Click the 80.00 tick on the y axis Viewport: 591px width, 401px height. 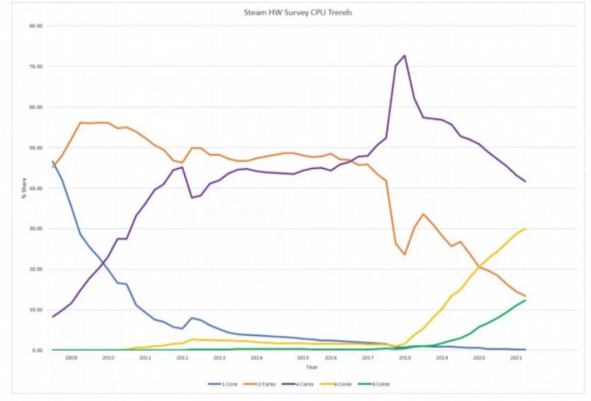click(35, 26)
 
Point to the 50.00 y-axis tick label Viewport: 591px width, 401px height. click(35, 147)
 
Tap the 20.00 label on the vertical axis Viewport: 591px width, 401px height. click(35, 269)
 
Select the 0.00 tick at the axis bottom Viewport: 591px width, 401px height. click(37, 350)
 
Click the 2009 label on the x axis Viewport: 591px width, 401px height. click(71, 358)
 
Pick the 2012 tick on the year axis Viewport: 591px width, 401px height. click(182, 358)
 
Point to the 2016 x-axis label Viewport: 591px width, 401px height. click(331, 358)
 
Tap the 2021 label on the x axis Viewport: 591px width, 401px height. click(517, 358)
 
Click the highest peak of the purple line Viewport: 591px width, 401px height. click(404, 55)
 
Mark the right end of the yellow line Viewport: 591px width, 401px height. click(525, 229)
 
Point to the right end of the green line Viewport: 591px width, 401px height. click(525, 300)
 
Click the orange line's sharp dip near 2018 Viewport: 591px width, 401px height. click(404, 254)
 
